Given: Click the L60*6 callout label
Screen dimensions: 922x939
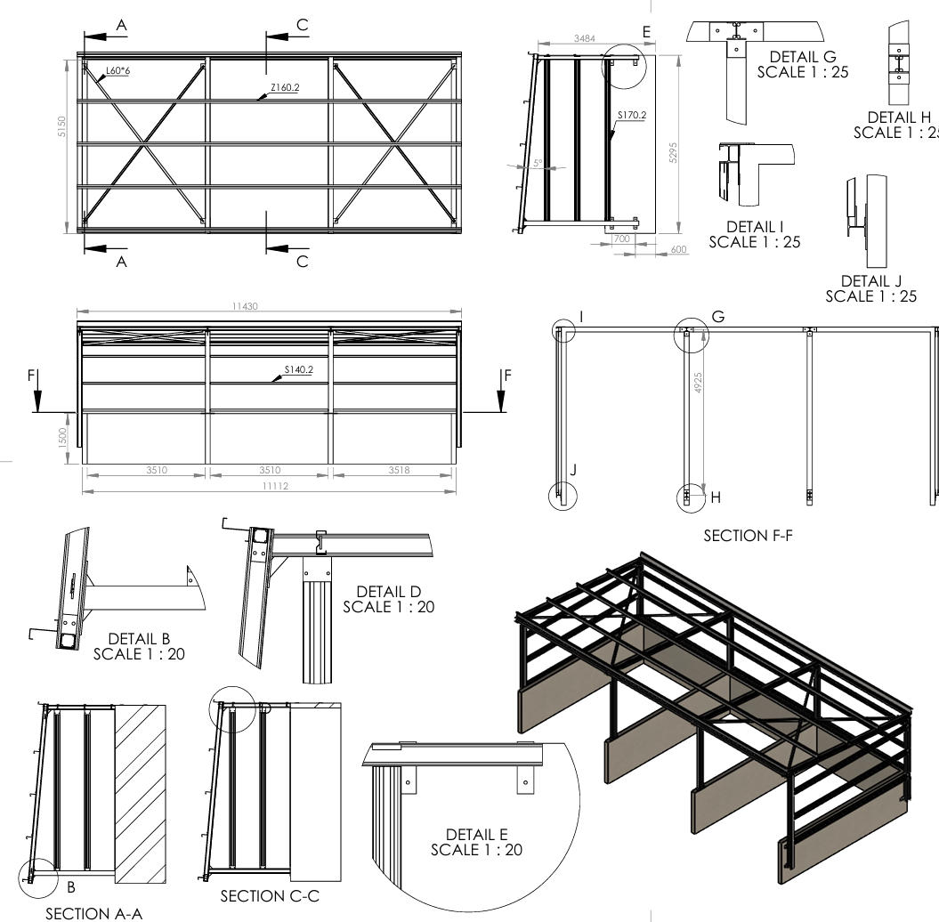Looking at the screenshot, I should point(117,69).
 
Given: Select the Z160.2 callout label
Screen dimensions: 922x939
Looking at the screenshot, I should point(285,88).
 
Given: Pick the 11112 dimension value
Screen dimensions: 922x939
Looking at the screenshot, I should point(269,487).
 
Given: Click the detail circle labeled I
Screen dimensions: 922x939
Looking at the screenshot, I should point(563,332).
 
